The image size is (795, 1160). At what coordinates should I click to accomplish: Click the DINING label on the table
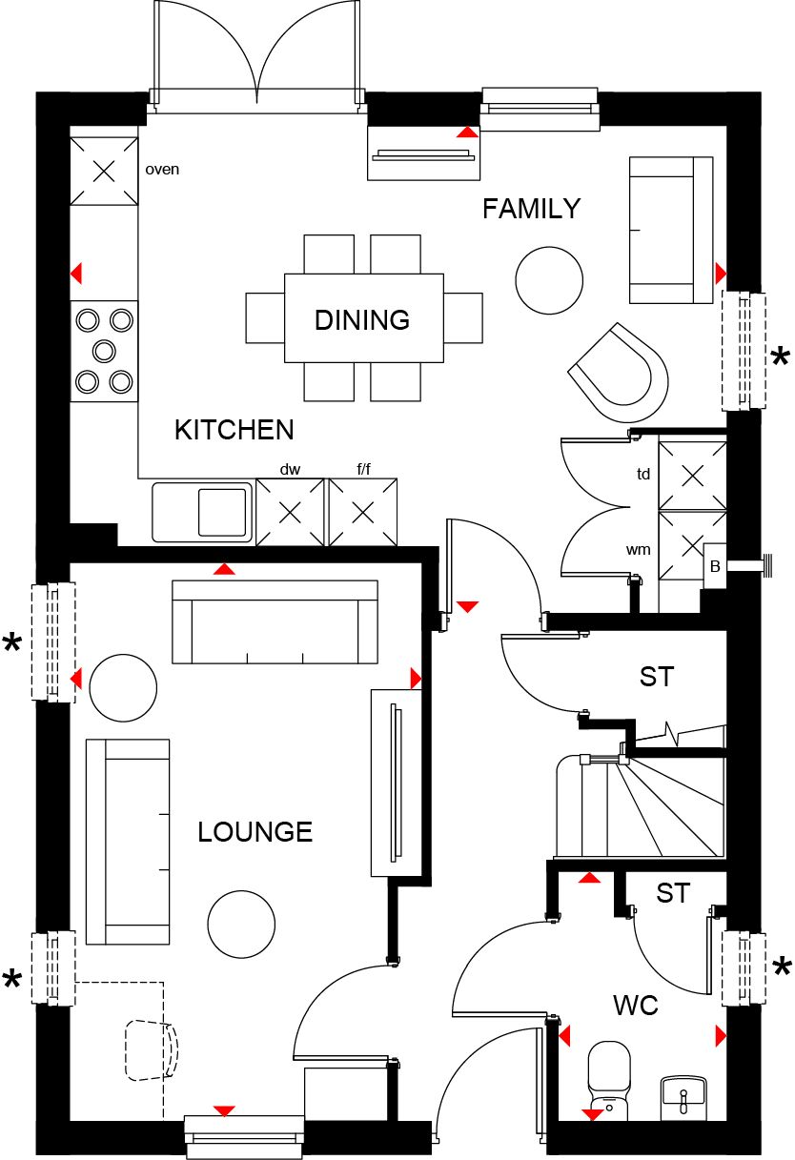pos(362,319)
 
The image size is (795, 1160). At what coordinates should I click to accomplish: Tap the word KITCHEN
pos(234,430)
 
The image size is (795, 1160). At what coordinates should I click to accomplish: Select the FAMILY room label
pos(531,209)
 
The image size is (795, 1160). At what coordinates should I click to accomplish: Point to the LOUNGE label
pos(255,832)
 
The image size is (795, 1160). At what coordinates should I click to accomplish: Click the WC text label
pos(636,1006)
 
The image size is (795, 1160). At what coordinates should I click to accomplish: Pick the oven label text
pos(162,170)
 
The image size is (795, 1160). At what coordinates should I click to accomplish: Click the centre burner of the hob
pos(104,351)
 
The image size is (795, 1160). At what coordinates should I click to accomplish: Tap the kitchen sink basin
pos(222,512)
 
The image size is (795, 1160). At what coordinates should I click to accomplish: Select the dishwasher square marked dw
pos(290,512)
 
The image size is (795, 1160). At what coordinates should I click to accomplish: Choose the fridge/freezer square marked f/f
pos(363,512)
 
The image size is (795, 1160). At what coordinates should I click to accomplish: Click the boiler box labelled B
pos(715,566)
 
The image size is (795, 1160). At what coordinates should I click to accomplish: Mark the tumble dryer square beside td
pos(692,476)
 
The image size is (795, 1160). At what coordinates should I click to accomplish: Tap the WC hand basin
pos(684,1098)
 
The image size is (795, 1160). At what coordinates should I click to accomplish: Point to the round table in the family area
pos(549,280)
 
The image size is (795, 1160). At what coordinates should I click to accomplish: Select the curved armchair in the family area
pos(619,373)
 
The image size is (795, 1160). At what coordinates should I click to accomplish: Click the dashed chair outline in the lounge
pos(152,1050)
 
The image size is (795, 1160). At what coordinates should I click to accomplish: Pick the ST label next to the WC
pos(673,893)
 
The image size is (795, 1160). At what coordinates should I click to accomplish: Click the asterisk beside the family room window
pos(781,356)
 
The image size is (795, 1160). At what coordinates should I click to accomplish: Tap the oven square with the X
pos(104,171)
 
